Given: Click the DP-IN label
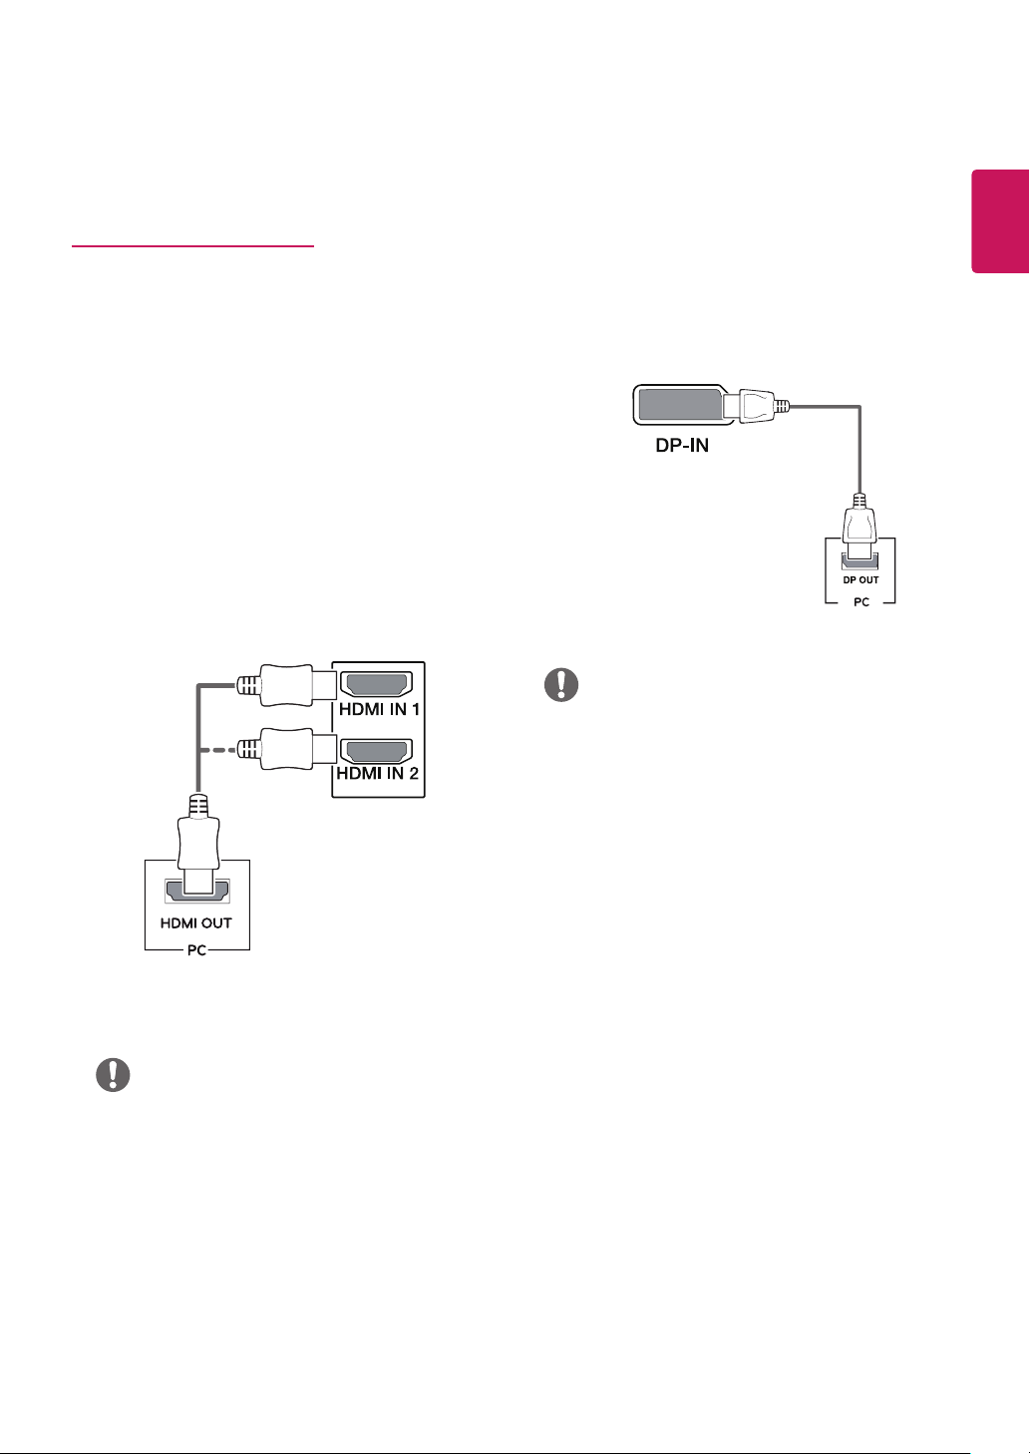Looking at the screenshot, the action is point(681,446).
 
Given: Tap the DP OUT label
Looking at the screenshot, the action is point(859,580).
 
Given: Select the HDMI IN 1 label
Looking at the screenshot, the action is point(379,709).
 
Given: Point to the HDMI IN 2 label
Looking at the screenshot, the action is point(377,773).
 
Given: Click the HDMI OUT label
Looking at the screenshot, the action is point(196,923).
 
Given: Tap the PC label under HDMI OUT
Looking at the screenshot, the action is point(196,950).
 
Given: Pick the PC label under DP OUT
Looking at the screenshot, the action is point(861,602).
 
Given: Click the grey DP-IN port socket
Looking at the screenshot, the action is point(681,405).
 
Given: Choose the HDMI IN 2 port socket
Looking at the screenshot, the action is point(377,751).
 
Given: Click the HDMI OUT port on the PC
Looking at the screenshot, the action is point(197,891).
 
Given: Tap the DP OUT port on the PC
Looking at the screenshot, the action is point(859,560).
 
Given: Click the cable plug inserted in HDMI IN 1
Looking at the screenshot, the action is point(286,685).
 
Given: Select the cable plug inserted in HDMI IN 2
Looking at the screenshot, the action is point(286,749).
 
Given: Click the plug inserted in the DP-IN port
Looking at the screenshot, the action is point(756,406).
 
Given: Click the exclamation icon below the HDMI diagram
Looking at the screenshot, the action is point(113,1075).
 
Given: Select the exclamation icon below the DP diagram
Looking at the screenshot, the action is point(561,685).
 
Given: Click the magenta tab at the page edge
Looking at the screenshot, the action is point(1000,221).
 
